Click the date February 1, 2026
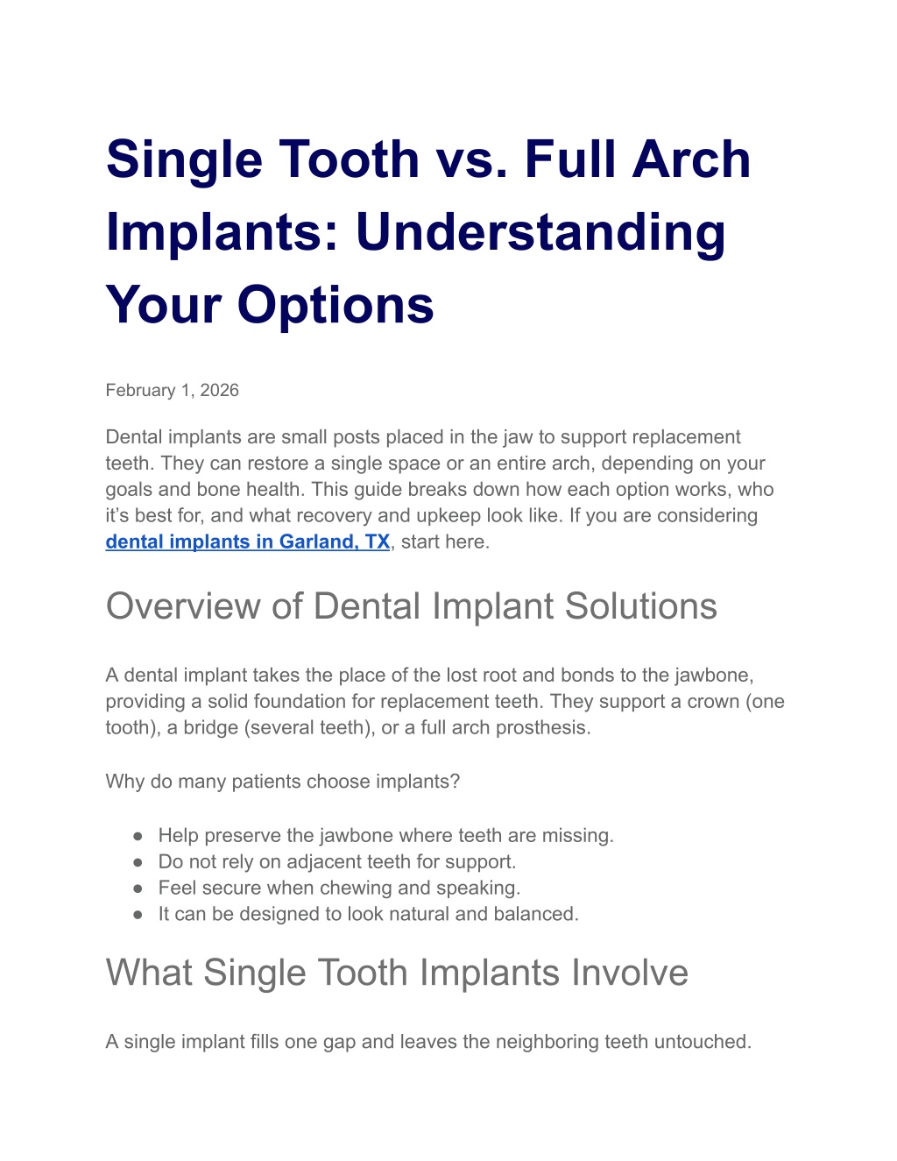tap(172, 390)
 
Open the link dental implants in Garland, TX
tap(248, 542)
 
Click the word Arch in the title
tap(691, 159)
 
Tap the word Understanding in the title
tap(540, 232)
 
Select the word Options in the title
tap(335, 305)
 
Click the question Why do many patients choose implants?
tap(282, 781)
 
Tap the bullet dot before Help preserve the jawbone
tap(138, 836)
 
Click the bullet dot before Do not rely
tap(138, 862)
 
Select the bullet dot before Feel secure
tap(138, 888)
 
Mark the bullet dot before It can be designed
tap(138, 915)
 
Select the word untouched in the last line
tap(703, 1041)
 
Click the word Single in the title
tap(184, 160)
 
